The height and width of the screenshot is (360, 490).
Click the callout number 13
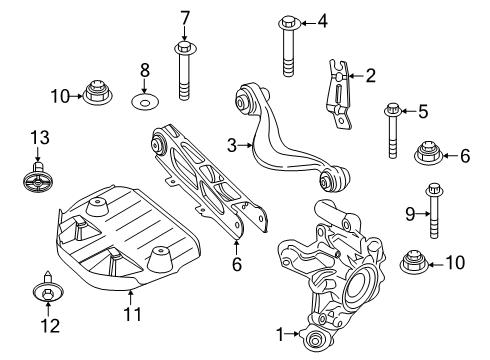tap(40, 137)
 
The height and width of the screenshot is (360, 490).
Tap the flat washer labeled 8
tap(144, 101)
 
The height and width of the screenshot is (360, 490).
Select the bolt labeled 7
tap(184, 70)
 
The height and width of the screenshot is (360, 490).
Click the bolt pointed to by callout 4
tap(289, 46)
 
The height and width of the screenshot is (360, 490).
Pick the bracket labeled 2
tap(338, 94)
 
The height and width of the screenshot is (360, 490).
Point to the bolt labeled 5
tap(393, 130)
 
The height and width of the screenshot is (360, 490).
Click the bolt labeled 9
tap(434, 211)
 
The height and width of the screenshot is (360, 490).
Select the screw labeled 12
tap(48, 288)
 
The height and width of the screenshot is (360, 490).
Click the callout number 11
tap(133, 314)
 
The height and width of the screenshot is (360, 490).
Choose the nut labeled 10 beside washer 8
tap(97, 92)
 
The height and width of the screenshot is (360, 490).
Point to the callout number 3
tap(232, 146)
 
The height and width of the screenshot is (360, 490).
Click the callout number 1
tap(280, 334)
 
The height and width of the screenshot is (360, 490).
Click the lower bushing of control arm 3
tap(333, 180)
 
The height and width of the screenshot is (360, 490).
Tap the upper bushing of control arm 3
tap(248, 99)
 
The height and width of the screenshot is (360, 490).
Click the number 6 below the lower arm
tap(237, 264)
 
